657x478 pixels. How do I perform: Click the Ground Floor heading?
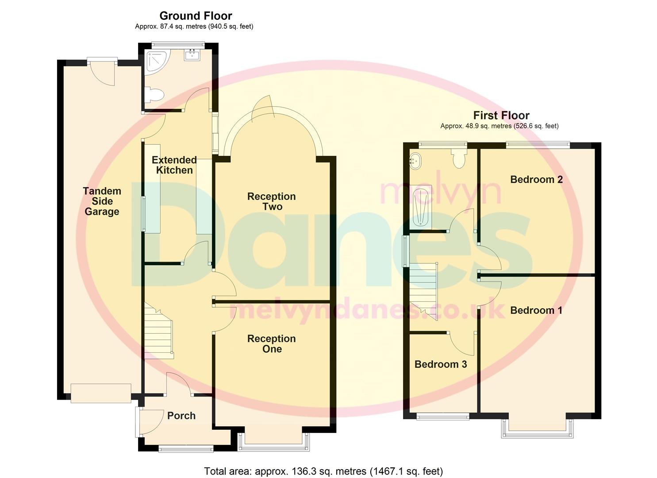(196, 16)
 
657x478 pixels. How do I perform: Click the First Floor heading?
(501, 116)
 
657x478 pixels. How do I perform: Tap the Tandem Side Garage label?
(102, 201)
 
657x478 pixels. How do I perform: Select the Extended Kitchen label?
(174, 165)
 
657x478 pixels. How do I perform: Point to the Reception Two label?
(271, 201)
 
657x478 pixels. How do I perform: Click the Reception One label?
(271, 344)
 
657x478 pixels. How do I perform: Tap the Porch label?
(181, 416)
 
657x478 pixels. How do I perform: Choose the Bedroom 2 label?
(536, 179)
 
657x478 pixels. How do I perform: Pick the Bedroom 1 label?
(536, 310)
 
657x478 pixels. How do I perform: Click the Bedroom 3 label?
(440, 364)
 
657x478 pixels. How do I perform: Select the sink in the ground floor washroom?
(192, 55)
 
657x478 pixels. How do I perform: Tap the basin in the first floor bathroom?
(415, 160)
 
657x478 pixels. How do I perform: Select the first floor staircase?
(423, 290)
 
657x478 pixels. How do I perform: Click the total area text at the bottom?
(323, 471)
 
